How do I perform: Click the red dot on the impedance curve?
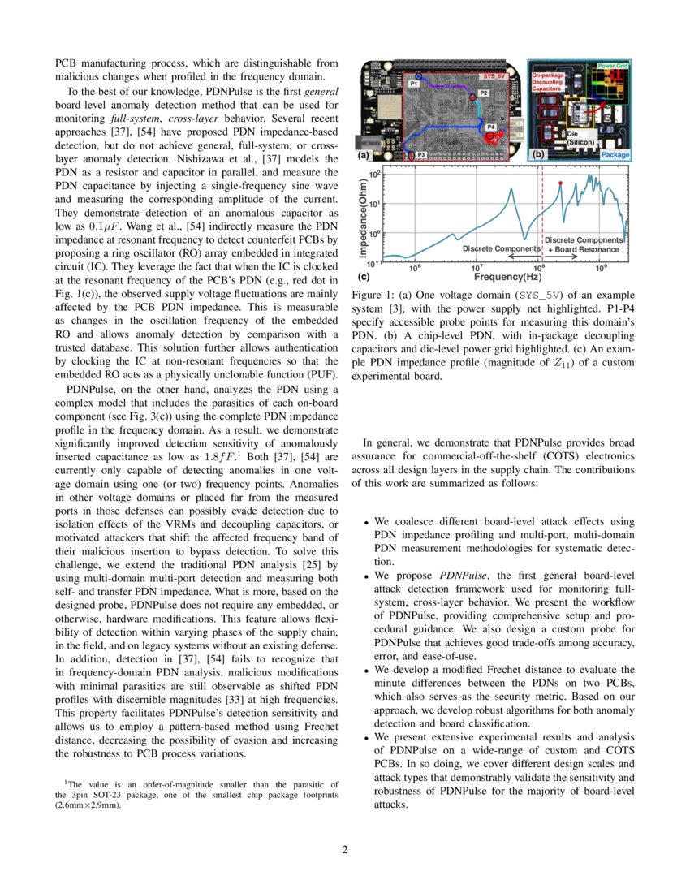560,183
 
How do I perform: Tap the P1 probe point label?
413,84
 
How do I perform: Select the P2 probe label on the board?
483,93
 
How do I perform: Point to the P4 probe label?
491,127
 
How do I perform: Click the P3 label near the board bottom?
421,153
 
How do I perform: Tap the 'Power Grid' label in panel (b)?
615,64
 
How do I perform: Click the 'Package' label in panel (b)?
616,153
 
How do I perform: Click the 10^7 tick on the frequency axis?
477,268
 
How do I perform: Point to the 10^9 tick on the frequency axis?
601,268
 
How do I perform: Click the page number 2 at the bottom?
344,850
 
